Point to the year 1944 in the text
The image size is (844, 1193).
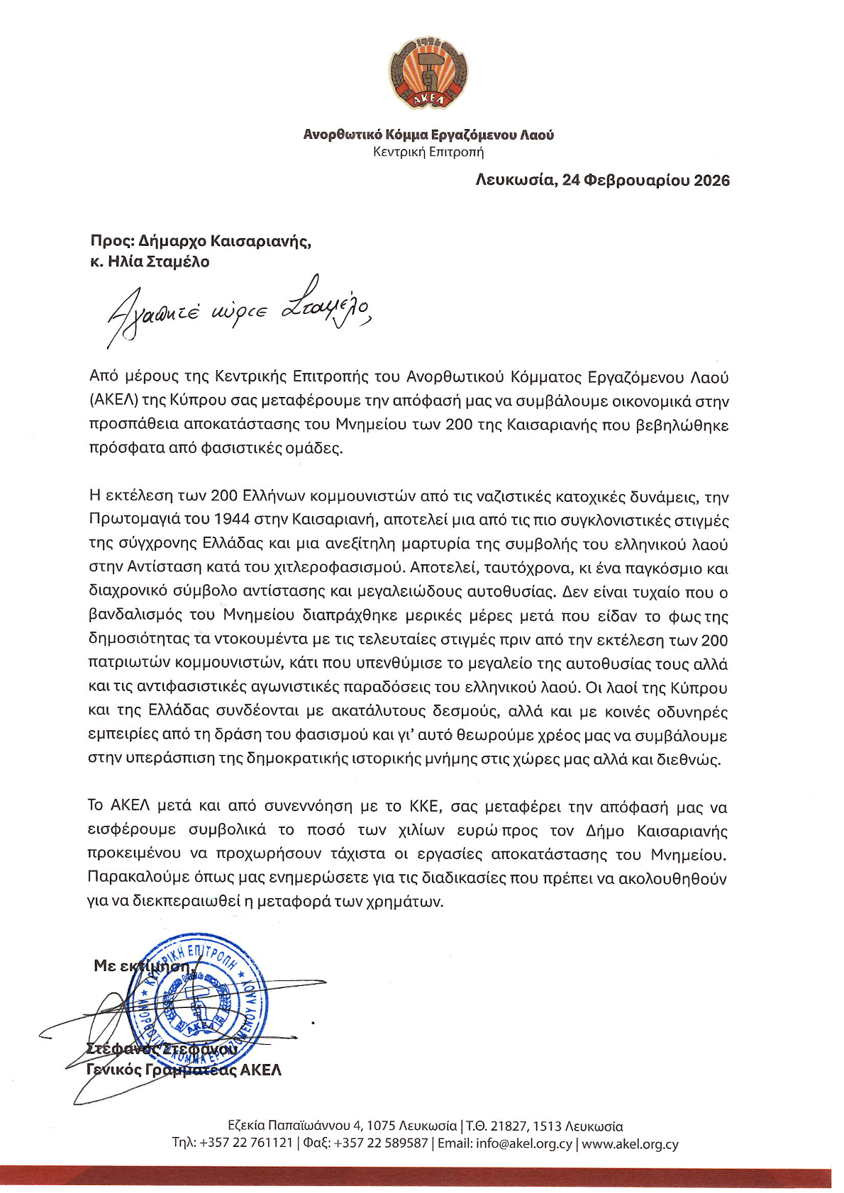pyautogui.click(x=232, y=520)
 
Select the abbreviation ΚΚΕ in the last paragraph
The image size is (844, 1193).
pyautogui.click(x=426, y=807)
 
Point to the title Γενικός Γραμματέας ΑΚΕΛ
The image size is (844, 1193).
pyautogui.click(x=184, y=1070)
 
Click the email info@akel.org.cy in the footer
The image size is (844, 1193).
pyautogui.click(x=524, y=1143)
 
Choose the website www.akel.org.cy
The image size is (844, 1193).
pyautogui.click(x=630, y=1143)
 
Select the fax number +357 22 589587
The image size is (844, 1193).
pyautogui.click(x=381, y=1143)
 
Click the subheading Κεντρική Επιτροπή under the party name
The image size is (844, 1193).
pyautogui.click(x=428, y=152)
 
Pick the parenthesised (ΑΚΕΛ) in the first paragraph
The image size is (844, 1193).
pyautogui.click(x=113, y=401)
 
